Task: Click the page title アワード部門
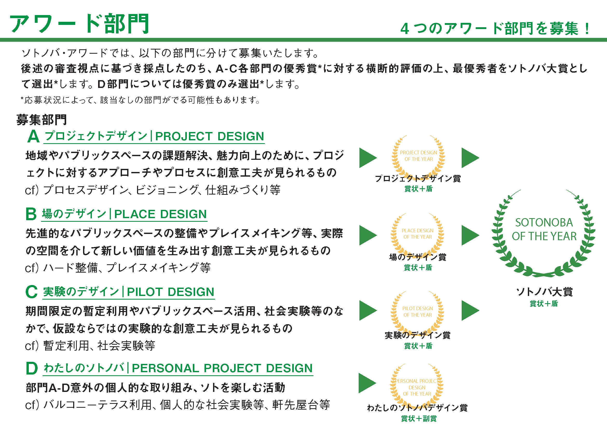pos(79,24)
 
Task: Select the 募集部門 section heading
pos(42,120)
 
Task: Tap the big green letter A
pos(33,137)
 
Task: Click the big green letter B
pos(31,214)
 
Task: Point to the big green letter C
pos(31,292)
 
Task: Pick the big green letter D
pos(32,369)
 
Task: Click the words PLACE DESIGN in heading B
pos(160,214)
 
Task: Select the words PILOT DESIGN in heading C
pos(170,292)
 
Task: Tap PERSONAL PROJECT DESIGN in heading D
pos(222,368)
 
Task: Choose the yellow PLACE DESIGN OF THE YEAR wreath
pos(418,234)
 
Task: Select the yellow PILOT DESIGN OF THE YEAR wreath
pos(418,312)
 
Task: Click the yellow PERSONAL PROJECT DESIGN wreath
pos(417,388)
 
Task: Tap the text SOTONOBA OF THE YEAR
pos(544,229)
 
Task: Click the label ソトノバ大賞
pos(544,292)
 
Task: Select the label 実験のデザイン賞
pos(418,335)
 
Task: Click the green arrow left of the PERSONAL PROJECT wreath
pos(367,383)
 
